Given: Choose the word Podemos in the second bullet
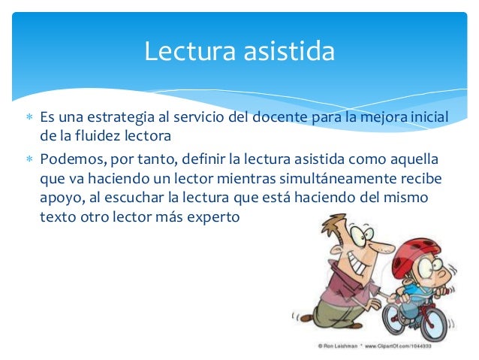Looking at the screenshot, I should [x=71, y=160].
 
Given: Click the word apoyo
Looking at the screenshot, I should [x=59, y=199].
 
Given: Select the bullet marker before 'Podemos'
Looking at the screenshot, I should [x=29, y=160].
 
